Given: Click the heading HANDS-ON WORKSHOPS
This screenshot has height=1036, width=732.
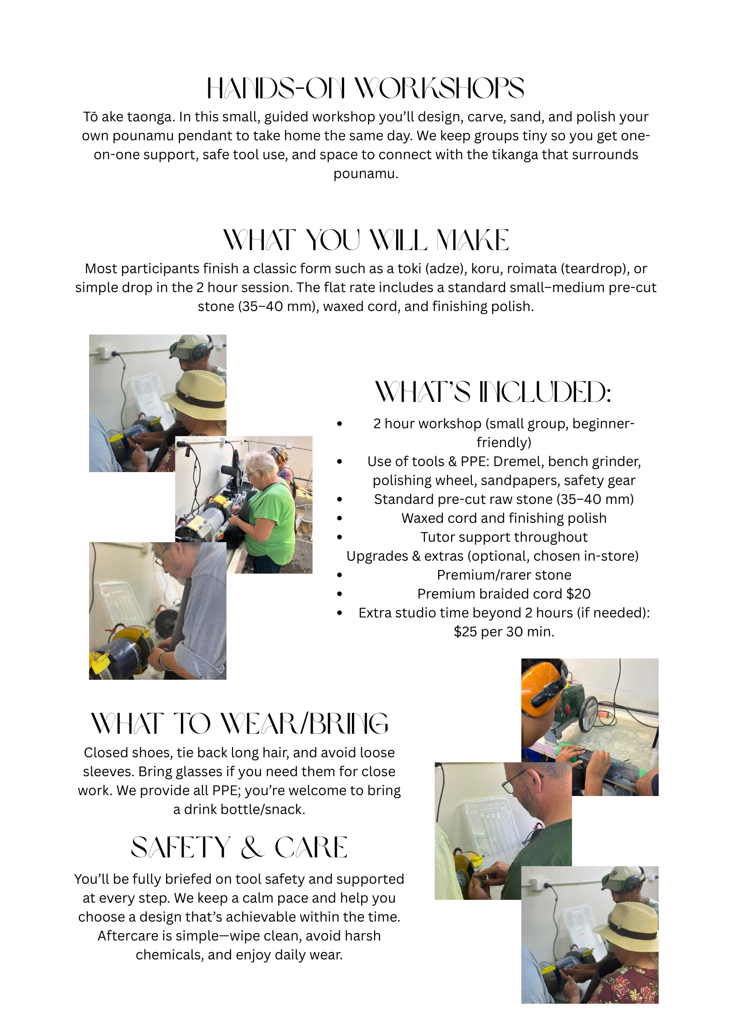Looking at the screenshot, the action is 365,88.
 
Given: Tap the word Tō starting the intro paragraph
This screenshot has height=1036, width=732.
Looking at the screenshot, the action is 90,117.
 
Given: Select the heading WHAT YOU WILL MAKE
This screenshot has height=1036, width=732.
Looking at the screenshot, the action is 366,240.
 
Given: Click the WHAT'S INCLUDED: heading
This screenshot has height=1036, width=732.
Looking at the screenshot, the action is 493,392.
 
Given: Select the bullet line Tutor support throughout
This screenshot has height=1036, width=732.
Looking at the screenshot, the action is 504,537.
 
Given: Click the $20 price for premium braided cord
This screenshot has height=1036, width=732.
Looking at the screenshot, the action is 578,594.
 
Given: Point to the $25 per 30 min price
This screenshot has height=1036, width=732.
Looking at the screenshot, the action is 504,632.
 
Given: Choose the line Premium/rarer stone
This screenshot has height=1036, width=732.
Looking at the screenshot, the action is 504,575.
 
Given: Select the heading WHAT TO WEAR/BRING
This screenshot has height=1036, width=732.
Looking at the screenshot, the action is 239,723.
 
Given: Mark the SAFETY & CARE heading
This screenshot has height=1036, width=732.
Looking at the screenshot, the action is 239,847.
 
